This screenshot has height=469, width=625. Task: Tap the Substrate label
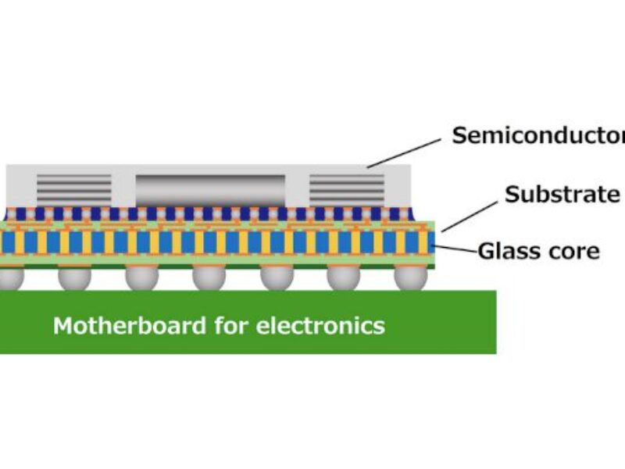tap(562, 194)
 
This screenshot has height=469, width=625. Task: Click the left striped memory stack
tap(74, 188)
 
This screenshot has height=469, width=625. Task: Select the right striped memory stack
tap(347, 188)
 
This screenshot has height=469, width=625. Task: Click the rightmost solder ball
tap(411, 277)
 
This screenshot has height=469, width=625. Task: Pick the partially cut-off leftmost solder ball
tap(9, 277)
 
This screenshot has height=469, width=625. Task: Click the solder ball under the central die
tap(209, 277)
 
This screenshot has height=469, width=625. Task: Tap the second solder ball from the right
tap(344, 277)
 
